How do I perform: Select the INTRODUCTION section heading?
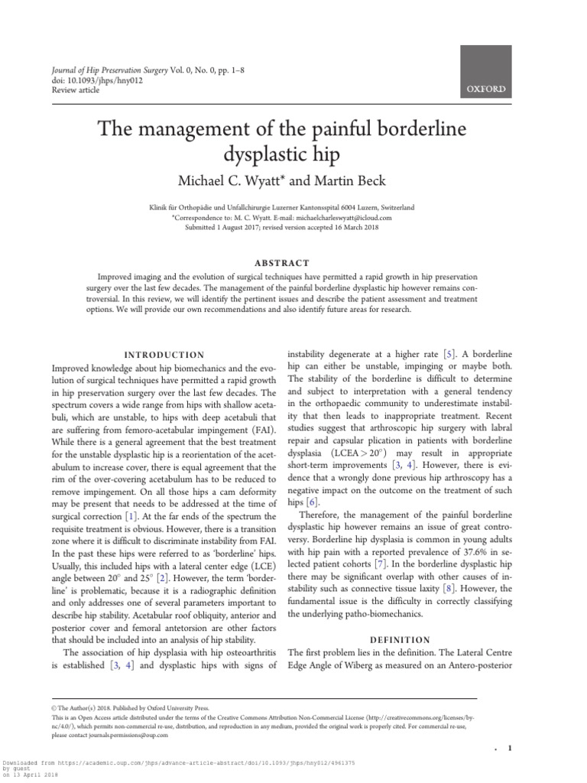pos(165,355)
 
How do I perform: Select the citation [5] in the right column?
pos(451,355)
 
